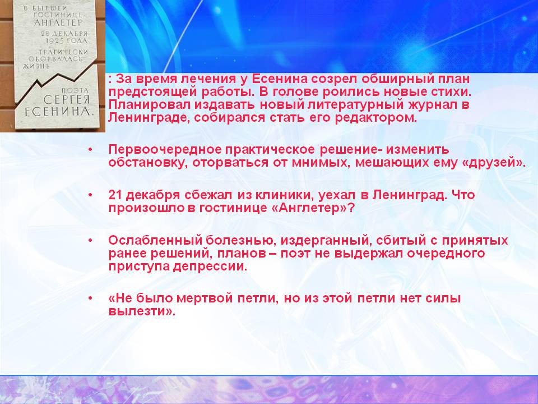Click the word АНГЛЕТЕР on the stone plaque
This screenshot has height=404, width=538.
point(58,23)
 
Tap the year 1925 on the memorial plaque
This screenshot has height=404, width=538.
point(54,41)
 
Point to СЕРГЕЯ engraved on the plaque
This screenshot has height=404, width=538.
point(67,100)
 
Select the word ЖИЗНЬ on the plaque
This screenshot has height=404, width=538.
point(36,66)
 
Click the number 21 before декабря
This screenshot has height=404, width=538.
point(115,195)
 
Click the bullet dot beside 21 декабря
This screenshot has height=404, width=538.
point(90,195)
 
